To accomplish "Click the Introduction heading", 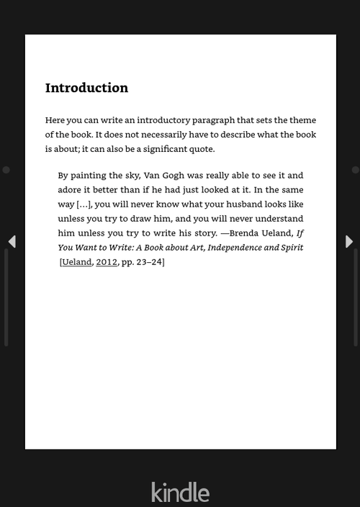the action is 86,88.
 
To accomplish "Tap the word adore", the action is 70,190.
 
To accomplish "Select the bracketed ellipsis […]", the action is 84,205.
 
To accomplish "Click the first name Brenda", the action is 245,233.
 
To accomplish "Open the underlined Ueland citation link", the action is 77,262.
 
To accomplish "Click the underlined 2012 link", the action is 107,262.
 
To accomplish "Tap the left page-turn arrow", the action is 12,241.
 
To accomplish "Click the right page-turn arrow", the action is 349,241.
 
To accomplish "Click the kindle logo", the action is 180,493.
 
